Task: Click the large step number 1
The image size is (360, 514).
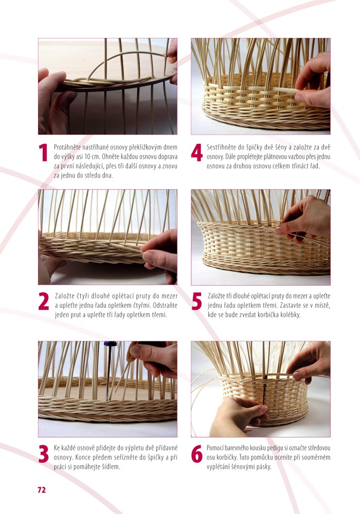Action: point(43,153)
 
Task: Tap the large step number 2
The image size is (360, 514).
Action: point(44,301)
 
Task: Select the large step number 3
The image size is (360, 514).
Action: point(44,454)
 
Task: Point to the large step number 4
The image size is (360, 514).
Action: point(197,153)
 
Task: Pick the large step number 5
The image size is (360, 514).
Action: point(197,301)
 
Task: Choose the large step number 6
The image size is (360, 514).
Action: point(197,454)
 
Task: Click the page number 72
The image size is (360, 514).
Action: point(42,490)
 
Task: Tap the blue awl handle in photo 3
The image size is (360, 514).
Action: point(111,344)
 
